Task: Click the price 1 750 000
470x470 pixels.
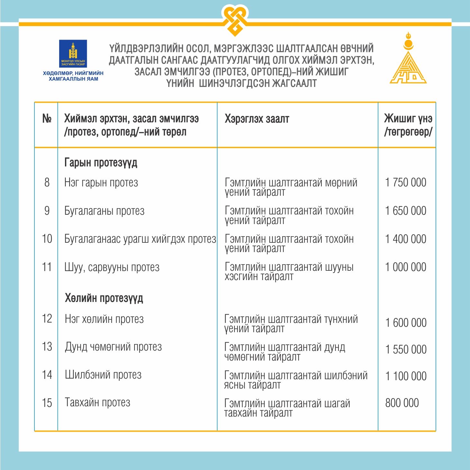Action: click(x=406, y=183)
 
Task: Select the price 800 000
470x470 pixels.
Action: click(x=402, y=403)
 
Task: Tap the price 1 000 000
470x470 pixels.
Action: click(x=406, y=267)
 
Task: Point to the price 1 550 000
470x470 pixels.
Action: click(x=406, y=349)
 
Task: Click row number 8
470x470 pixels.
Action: click(x=47, y=183)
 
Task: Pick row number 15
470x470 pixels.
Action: click(x=47, y=403)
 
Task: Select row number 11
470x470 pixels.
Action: click(x=47, y=267)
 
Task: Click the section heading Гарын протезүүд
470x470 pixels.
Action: click(x=101, y=163)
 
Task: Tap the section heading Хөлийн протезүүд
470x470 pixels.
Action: click(x=104, y=298)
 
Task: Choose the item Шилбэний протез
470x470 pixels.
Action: click(x=103, y=375)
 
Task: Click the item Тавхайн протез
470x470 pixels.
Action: click(x=97, y=402)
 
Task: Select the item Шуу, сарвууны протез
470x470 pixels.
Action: click(x=112, y=267)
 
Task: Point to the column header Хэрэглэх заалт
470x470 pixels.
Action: click(x=257, y=119)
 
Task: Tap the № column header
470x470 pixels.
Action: click(x=47, y=119)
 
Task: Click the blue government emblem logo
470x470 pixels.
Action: click(x=73, y=53)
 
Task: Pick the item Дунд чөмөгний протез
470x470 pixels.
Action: click(x=113, y=347)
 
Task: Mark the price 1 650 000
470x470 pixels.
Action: click(x=406, y=211)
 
